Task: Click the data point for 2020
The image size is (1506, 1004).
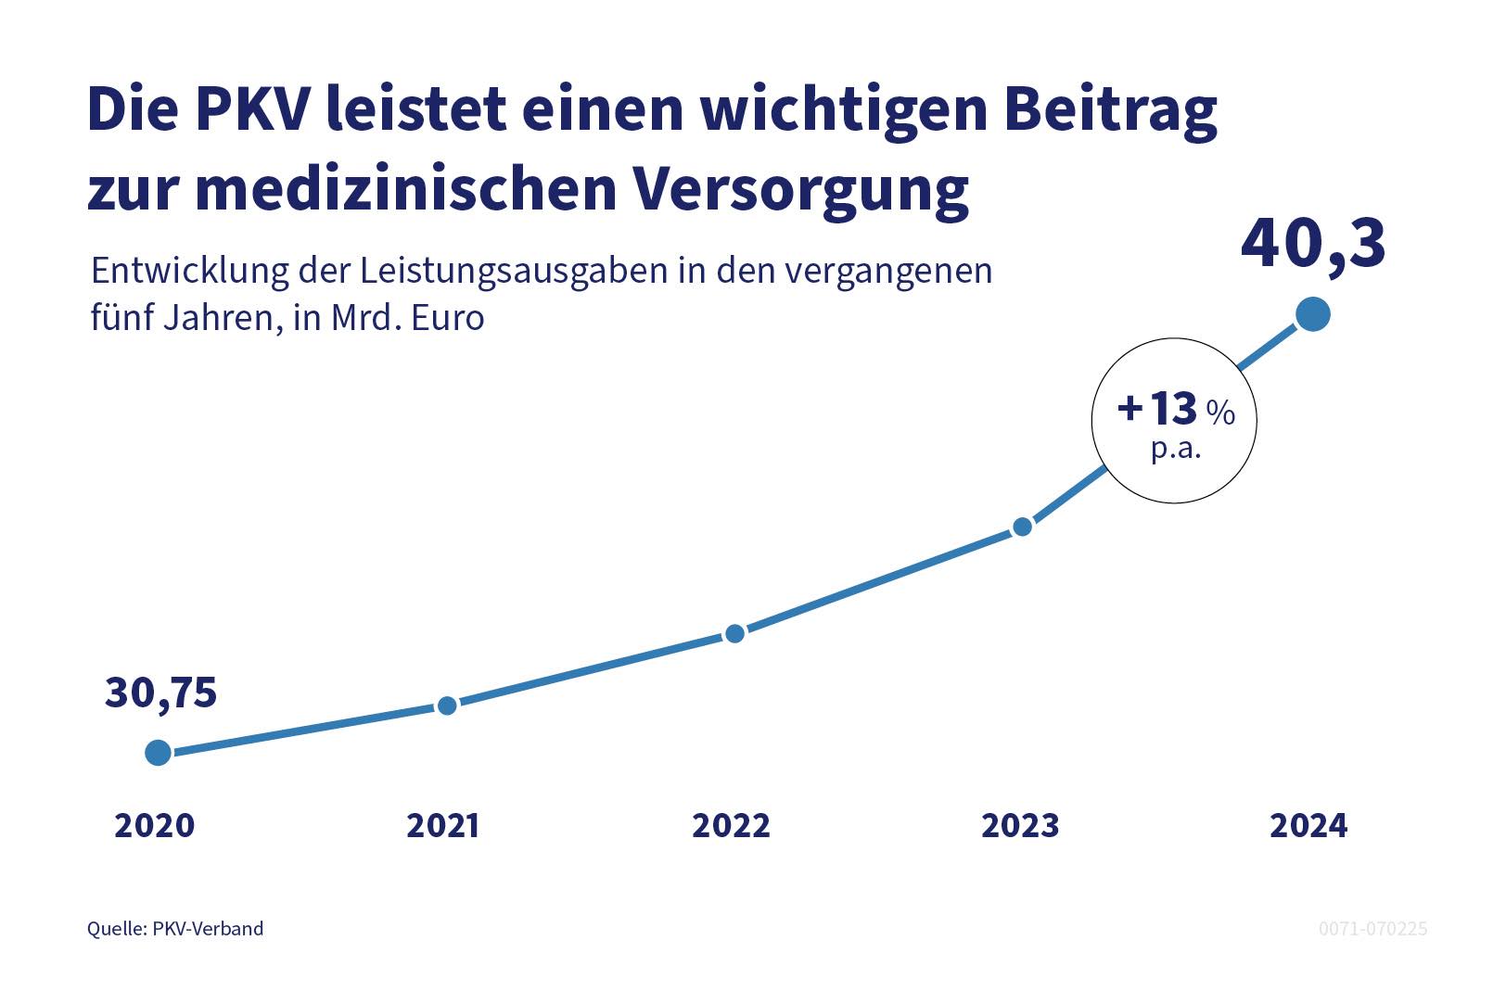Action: coord(159,752)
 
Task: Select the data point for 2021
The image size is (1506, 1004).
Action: coord(447,705)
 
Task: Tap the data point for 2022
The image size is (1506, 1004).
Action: coord(734,633)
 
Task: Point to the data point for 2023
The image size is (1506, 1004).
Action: coord(1022,527)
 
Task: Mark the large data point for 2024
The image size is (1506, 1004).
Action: coord(1312,314)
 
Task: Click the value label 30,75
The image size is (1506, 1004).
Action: coord(160,693)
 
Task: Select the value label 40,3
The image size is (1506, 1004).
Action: coord(1312,245)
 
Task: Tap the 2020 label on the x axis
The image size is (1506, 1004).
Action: coord(155,825)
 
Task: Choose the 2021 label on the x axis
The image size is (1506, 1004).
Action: coord(443,825)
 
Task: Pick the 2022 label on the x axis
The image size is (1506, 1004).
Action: coord(732,825)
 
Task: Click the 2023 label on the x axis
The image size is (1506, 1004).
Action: coord(1020,825)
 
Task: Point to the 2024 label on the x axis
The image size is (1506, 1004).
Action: coord(1308,825)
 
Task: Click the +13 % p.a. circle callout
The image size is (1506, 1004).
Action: coord(1174,421)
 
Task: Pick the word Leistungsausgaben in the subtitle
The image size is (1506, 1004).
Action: coord(514,272)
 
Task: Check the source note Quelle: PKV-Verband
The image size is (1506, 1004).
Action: coord(175,929)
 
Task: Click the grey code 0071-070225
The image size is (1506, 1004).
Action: coord(1372,929)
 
